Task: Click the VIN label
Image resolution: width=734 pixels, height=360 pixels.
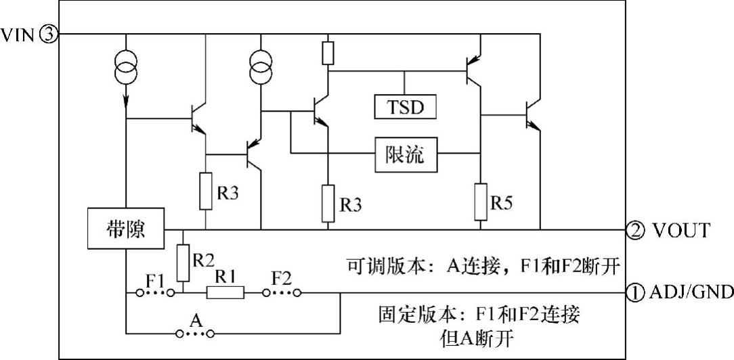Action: [x=18, y=35]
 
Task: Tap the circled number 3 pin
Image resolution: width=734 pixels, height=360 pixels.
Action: [x=49, y=35]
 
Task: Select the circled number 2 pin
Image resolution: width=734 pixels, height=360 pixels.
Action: [x=634, y=230]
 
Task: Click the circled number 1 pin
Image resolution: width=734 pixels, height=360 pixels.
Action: [x=634, y=293]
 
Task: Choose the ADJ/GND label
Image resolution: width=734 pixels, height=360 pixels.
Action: [x=691, y=293]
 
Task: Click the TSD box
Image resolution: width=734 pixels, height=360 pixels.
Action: [x=406, y=107]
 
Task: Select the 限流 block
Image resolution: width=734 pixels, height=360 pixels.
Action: [x=406, y=155]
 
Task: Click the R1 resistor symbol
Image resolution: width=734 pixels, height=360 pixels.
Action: [x=225, y=293]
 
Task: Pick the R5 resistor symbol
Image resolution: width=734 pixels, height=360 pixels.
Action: [x=481, y=202]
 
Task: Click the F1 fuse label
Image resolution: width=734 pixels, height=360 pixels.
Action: [x=156, y=280]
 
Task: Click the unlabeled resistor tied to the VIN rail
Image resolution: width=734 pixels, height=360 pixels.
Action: [x=328, y=52]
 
